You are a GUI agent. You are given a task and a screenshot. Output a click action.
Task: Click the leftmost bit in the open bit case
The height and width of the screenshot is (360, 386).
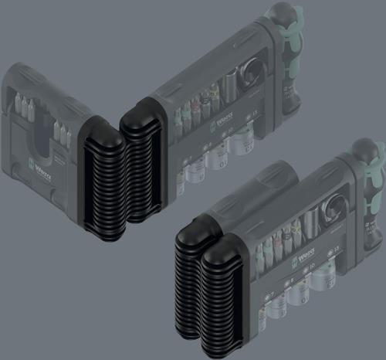click(16, 104)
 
